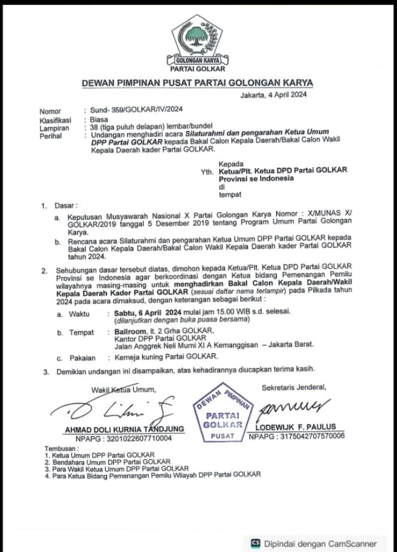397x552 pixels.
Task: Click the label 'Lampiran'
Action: tap(53, 128)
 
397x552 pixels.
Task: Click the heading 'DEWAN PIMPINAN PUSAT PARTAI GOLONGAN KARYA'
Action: tap(198, 83)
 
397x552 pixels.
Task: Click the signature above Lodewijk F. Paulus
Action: tap(293, 407)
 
